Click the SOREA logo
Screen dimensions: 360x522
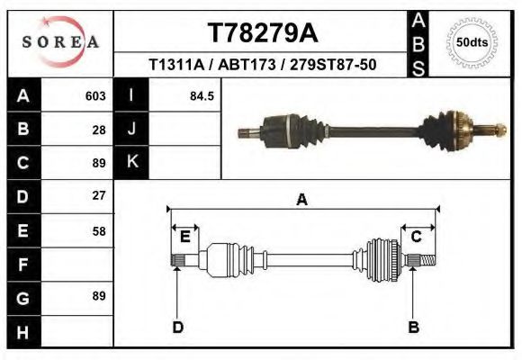tap(59, 42)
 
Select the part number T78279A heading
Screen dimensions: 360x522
tap(262, 32)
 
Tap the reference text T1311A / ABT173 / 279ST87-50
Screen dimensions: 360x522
tap(262, 65)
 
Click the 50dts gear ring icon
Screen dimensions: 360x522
tap(468, 42)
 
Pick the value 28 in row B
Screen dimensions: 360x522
tap(99, 129)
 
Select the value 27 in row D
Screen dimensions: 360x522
tap(99, 195)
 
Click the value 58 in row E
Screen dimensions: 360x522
tap(99, 230)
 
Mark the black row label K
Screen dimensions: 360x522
tap(131, 162)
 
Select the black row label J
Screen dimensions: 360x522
tap(131, 129)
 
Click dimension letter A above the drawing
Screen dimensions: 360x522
tap(301, 200)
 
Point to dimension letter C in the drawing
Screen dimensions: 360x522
tap(417, 236)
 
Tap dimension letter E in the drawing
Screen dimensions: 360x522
tap(184, 236)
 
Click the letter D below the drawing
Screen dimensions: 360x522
tap(177, 327)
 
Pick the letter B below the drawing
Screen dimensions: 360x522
tap(413, 327)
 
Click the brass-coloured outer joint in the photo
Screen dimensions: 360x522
tap(456, 129)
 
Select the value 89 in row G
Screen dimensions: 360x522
tap(99, 296)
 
